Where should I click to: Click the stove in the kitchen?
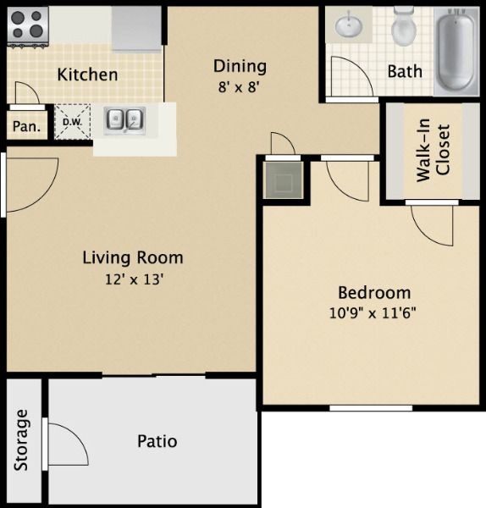28,25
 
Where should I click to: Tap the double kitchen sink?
124,120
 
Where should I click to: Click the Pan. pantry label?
26,127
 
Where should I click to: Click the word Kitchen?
87,75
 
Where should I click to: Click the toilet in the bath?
405,27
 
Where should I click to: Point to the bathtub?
456,50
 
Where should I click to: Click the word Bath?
405,72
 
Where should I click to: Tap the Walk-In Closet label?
434,152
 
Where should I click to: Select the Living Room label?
132,257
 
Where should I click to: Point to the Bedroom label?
374,293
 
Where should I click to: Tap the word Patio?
157,441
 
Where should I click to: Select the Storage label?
22,440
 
